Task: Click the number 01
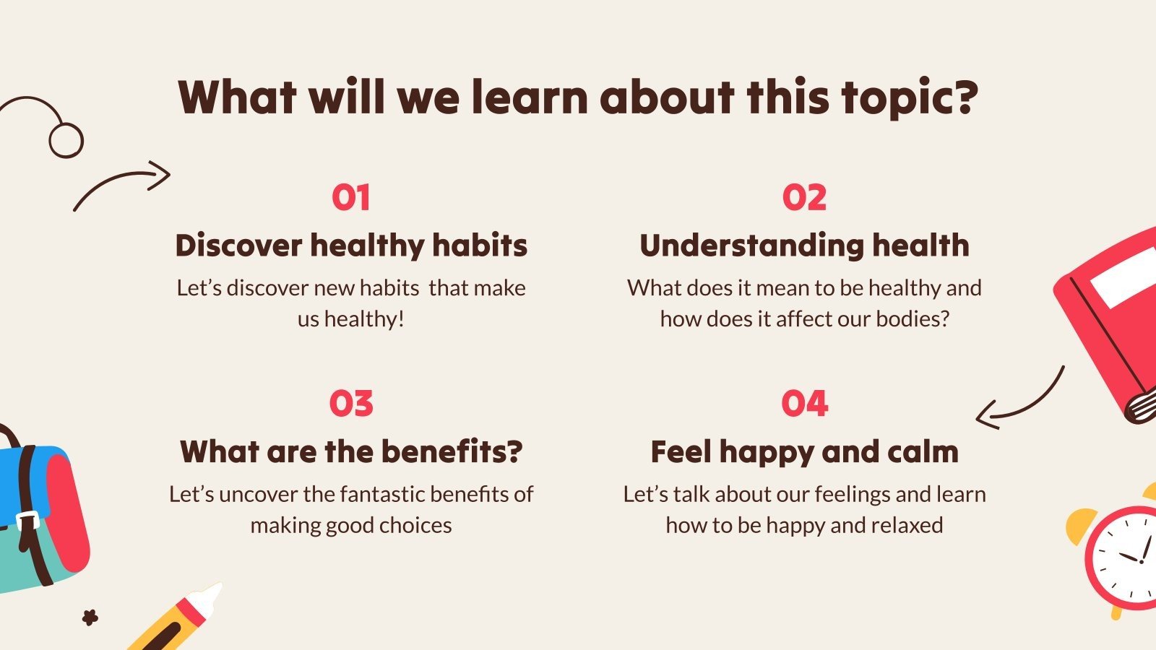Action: click(351, 197)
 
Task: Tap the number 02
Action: click(804, 197)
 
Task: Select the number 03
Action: click(351, 404)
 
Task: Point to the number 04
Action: click(805, 404)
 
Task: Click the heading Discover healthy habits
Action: click(351, 246)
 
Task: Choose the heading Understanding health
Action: click(804, 246)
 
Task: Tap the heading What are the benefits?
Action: click(351, 452)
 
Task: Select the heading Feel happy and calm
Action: click(805, 453)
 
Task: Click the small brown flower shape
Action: click(90, 617)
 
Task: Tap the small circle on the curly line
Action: click(66, 140)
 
